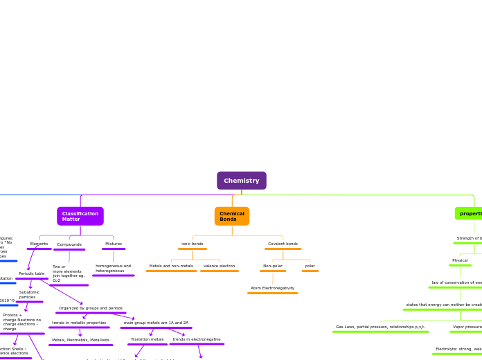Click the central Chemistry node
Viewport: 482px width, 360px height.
[241, 181]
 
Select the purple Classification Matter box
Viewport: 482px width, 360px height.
[80, 216]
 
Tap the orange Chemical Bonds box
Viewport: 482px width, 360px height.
[232, 216]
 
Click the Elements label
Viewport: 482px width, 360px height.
[39, 244]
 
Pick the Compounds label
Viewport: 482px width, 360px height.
[69, 244]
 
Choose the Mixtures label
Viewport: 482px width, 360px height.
[113, 244]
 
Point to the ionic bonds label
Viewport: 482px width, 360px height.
[193, 244]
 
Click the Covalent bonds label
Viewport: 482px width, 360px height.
[283, 244]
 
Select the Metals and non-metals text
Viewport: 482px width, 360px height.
[171, 266]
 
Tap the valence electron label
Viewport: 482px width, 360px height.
[219, 266]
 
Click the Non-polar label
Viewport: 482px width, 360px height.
[272, 266]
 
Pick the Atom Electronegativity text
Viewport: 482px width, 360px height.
[272, 288]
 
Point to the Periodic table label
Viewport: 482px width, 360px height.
[31, 273]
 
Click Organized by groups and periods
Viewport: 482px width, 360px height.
[91, 308]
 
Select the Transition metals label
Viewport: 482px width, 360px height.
[148, 339]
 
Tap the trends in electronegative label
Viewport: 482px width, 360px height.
[197, 339]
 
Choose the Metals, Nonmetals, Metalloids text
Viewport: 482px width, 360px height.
[80, 340]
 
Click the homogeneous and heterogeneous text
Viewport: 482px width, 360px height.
[113, 268]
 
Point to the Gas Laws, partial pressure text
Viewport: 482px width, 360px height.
[380, 327]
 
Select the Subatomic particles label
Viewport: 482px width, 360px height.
[29, 294]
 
